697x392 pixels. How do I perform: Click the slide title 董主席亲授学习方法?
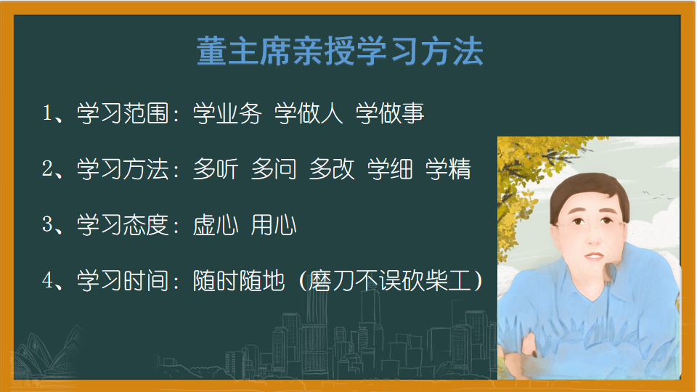click(340, 52)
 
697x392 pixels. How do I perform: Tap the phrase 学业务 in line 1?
click(227, 113)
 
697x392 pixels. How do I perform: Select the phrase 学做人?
click(309, 113)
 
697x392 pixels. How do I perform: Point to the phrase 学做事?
click(390, 113)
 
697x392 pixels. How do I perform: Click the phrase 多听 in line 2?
click(216, 169)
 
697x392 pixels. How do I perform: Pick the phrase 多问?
click(274, 169)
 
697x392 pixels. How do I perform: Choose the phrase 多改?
click(332, 169)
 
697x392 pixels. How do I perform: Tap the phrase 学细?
click(390, 169)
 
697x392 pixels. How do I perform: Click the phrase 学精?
click(448, 169)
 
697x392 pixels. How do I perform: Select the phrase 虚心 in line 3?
click(216, 225)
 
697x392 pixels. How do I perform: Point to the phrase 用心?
click(274, 225)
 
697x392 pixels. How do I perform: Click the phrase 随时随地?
click(239, 281)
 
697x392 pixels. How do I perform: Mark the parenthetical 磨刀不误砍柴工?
click(390, 281)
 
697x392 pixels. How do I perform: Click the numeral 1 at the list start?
click(47, 113)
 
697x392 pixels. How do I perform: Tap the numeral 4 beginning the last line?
click(48, 280)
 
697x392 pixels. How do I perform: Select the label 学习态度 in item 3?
click(123, 225)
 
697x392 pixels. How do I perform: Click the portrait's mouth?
click(594, 256)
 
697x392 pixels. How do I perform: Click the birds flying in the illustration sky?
click(657, 195)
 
